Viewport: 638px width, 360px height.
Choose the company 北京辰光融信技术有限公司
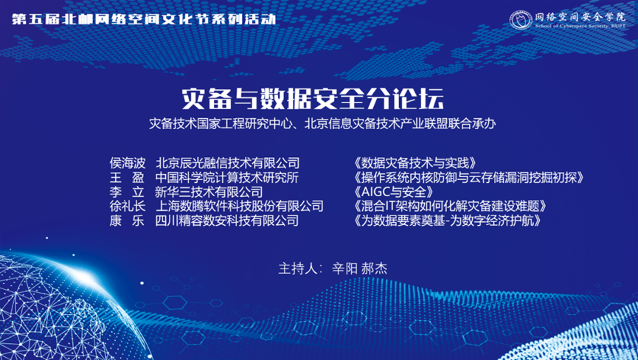pos(227,162)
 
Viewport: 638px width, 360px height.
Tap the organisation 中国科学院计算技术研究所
pos(227,177)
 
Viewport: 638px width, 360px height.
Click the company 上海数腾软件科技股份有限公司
pos(239,206)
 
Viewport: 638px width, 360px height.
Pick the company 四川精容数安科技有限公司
pos(227,221)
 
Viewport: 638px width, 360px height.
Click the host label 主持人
pos(296,269)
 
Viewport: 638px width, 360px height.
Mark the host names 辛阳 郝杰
pos(359,269)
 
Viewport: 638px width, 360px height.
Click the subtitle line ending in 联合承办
pos(319,122)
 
